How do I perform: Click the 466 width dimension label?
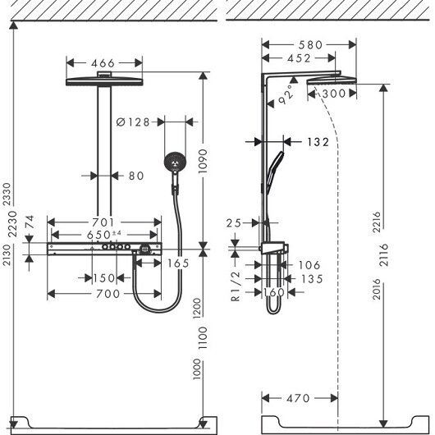[x=103, y=63]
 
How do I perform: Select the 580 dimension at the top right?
[x=310, y=44]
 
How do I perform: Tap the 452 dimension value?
[x=299, y=58]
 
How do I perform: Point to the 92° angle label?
[x=286, y=94]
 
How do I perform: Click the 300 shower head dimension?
[x=334, y=94]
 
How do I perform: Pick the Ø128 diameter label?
[x=133, y=121]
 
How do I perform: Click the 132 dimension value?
[x=318, y=142]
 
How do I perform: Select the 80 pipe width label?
[x=136, y=176]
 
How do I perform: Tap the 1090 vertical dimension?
[x=203, y=161]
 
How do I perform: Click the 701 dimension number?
[x=103, y=222]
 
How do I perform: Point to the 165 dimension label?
[x=178, y=263]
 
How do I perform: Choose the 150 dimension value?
[x=103, y=278]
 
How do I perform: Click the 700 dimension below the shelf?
[x=108, y=294]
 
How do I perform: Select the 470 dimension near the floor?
[x=298, y=398]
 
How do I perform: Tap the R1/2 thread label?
[x=236, y=286]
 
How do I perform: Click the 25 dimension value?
[x=234, y=223]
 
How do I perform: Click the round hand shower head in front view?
[x=175, y=161]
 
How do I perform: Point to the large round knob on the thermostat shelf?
[x=144, y=249]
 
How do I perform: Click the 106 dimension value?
[x=309, y=265]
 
